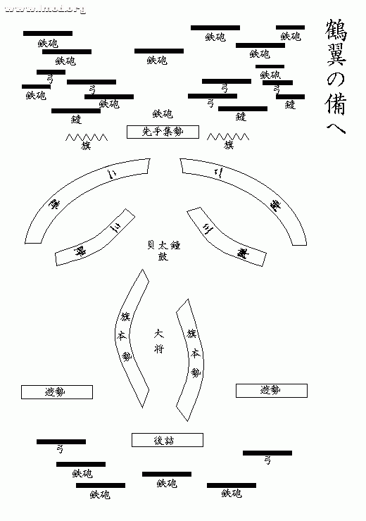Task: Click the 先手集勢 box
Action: point(163,132)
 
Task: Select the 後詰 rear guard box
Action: point(168,440)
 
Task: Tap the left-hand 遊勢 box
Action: point(56,391)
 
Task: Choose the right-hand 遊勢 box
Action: point(271,389)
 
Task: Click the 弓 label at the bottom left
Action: point(61,448)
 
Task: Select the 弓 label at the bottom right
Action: point(267,460)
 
